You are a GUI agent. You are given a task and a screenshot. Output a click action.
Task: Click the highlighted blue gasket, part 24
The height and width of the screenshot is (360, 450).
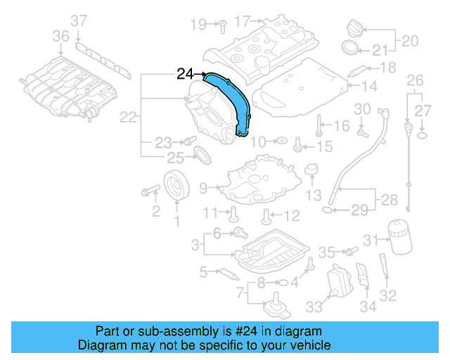(232, 98)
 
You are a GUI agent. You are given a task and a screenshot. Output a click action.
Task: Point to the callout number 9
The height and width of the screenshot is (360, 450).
(202, 188)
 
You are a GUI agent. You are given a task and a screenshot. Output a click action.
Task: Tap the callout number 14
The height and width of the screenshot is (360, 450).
(370, 86)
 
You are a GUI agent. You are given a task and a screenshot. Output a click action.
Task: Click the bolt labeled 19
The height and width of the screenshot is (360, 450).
(220, 25)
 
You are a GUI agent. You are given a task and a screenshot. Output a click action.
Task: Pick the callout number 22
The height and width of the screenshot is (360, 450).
(128, 118)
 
